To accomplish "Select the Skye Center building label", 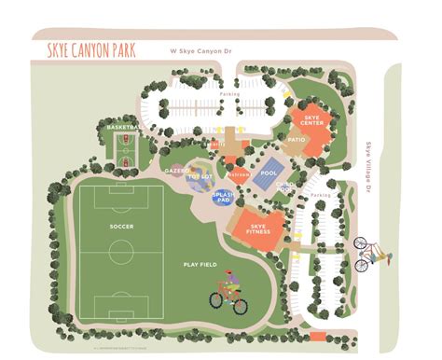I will tap(312, 120).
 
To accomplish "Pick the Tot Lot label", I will tap(200, 176).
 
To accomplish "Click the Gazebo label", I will tap(176, 171).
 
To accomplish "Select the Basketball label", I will tap(124, 126).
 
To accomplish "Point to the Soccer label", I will tap(120, 226).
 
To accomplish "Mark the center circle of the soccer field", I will tap(120, 251).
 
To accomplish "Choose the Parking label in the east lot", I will tap(321, 194).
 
